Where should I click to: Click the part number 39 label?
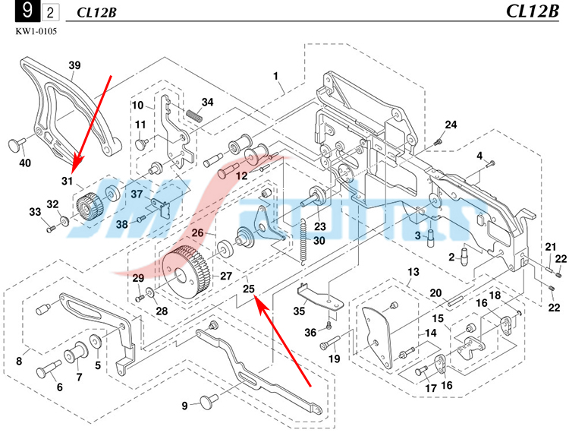coord(74,65)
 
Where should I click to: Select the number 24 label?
coord(451,125)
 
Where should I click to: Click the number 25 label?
coord(248,288)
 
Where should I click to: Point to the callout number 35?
coord(299,311)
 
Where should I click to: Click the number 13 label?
coord(413,272)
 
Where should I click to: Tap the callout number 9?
coord(184,406)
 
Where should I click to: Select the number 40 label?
coord(25,163)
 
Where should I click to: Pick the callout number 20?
coord(435,292)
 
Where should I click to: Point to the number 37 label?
coord(137,194)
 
